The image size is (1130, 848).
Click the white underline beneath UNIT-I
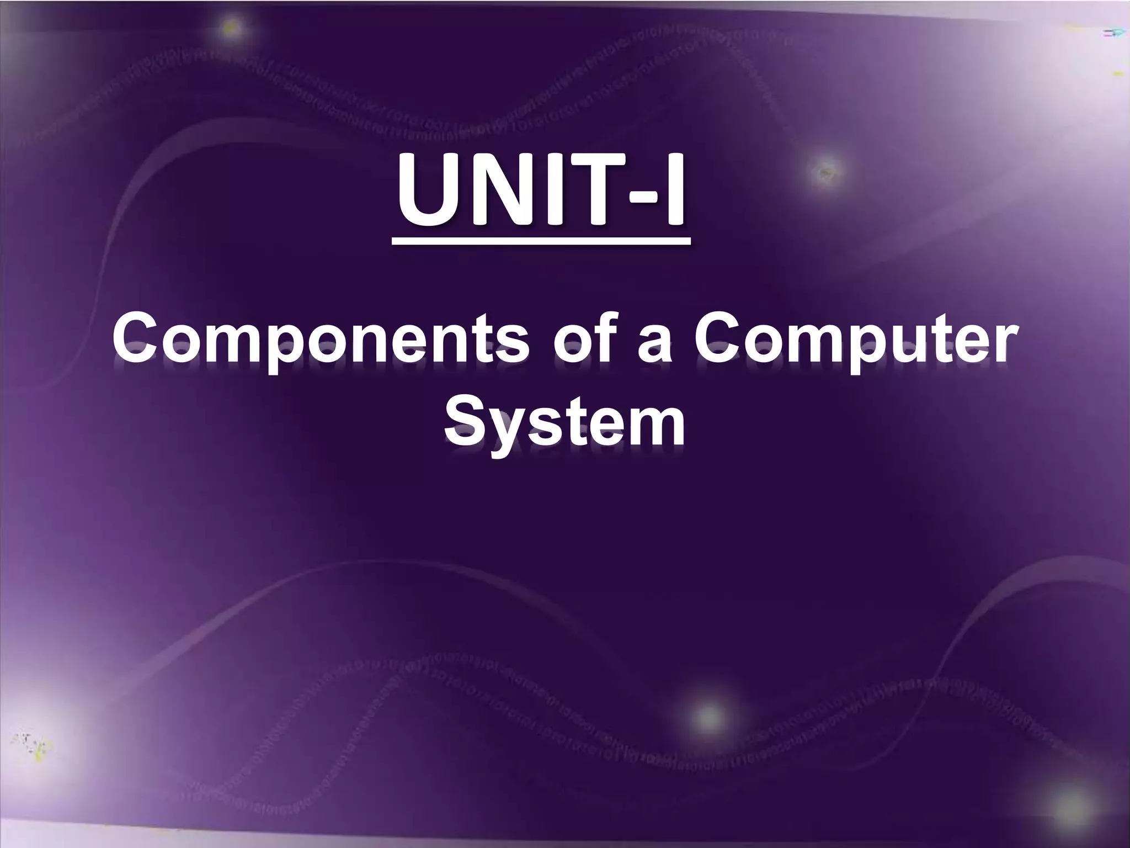click(541, 241)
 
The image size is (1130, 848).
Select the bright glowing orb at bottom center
click(708, 717)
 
